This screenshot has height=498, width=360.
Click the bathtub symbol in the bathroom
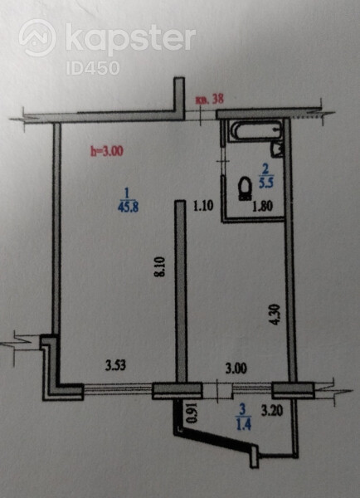click(255, 130)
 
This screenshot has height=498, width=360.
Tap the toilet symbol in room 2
click(245, 188)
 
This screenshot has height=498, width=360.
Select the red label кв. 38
click(210, 99)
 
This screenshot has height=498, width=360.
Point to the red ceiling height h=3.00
click(107, 151)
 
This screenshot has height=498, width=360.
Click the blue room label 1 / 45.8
click(128, 200)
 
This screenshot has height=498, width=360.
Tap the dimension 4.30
click(275, 315)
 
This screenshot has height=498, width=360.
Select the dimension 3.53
click(115, 365)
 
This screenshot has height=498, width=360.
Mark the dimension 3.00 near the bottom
click(236, 369)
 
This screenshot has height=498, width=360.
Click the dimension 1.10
click(203, 207)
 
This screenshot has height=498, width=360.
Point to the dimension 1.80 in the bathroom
click(263, 207)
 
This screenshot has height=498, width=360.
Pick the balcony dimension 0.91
click(192, 413)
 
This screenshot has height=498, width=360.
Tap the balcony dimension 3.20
click(272, 412)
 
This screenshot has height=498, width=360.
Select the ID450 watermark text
click(93, 68)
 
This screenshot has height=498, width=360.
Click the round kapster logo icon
click(37, 37)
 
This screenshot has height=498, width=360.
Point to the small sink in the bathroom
click(277, 149)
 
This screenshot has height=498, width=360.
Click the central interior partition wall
click(181, 291)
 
